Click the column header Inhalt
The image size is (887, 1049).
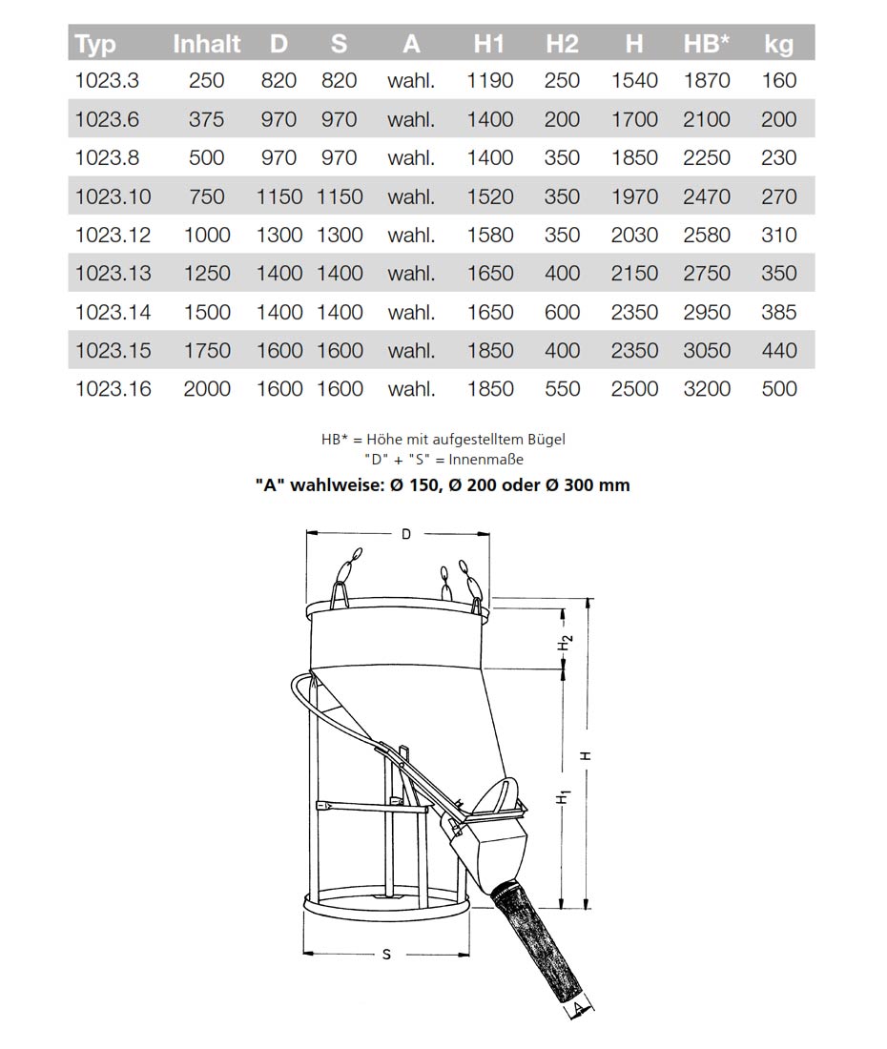coord(206,44)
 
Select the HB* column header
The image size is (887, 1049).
coord(707,44)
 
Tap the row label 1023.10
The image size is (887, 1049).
coord(113,196)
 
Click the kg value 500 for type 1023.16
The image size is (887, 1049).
coord(779,389)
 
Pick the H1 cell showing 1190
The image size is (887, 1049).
coord(490,81)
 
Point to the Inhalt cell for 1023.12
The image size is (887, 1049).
coord(206,235)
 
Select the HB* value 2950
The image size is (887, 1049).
coord(707,312)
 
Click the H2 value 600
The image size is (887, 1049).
coord(562,312)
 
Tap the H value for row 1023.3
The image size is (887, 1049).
coord(634,81)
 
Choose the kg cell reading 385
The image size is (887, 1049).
coord(779,312)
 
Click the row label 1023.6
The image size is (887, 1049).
coord(107,119)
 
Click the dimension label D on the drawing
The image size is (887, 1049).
coord(406,534)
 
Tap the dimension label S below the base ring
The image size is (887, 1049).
coord(386,955)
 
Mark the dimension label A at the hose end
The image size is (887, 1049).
coord(579,1007)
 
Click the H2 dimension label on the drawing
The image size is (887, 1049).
coord(566,644)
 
